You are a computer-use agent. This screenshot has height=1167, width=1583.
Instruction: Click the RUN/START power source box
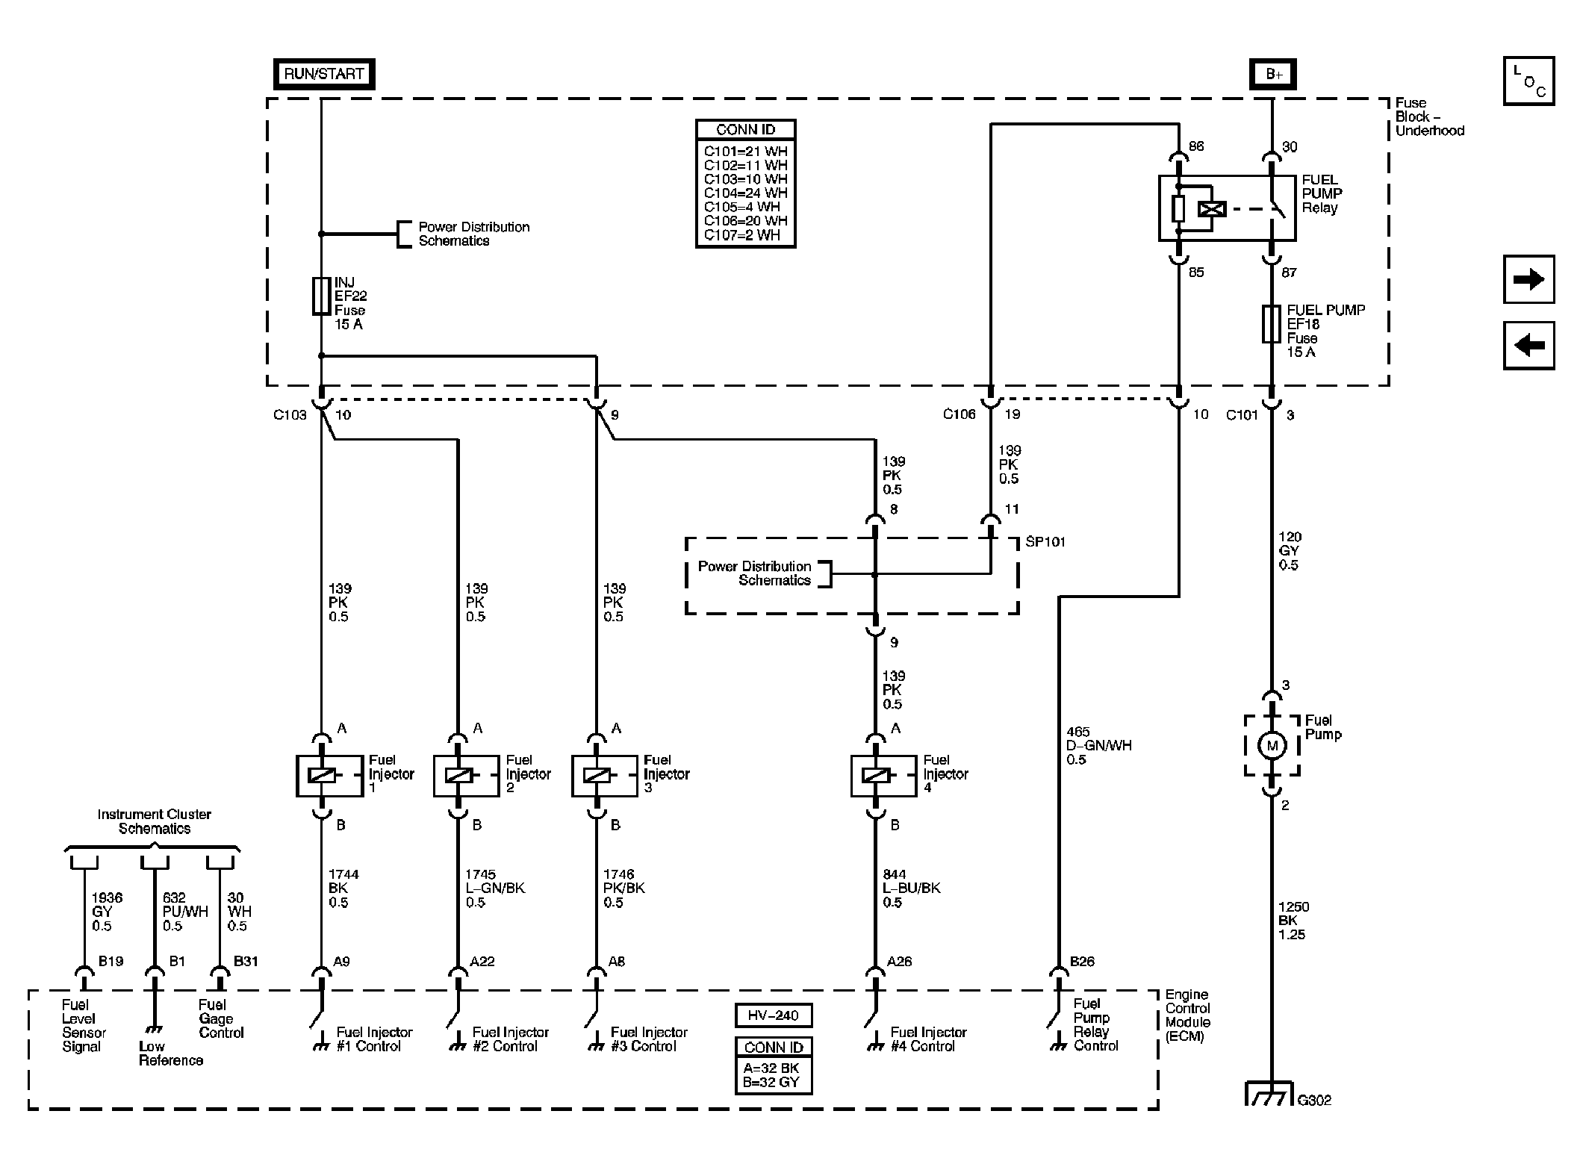pos(323,74)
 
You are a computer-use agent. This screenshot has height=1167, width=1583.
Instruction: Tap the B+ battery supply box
pos(1273,75)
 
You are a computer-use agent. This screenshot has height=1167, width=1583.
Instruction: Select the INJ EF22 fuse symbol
pos(321,296)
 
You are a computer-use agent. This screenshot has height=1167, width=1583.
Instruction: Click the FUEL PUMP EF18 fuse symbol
pos(1271,324)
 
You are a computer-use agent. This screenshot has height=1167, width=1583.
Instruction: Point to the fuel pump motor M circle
pos(1272,745)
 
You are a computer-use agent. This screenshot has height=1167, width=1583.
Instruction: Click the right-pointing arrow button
pos(1528,279)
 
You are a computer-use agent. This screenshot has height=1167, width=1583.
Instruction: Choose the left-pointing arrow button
pos(1528,346)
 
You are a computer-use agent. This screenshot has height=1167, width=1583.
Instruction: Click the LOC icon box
pos(1528,81)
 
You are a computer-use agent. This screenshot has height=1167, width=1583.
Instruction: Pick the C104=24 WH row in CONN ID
pos(745,193)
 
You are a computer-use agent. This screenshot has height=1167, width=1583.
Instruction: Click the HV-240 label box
pos(773,1015)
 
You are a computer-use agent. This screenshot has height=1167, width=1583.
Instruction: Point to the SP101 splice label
pos(1045,542)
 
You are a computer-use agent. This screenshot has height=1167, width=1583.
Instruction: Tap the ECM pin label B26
pos(1081,962)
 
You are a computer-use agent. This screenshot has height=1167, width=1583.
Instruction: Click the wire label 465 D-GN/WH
pos(1098,746)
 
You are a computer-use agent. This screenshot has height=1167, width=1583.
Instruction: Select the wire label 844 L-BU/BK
pos(911,888)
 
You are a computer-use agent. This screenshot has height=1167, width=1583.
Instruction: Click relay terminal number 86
pos(1195,146)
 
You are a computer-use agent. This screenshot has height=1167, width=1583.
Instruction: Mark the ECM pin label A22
pos(482,962)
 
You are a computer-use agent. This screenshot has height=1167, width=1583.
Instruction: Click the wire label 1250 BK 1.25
pos(1293,921)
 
